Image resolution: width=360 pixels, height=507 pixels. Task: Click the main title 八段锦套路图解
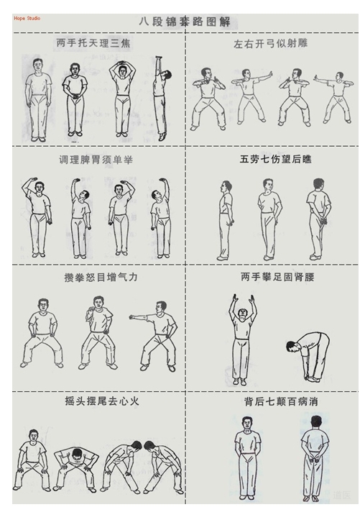[184, 22]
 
